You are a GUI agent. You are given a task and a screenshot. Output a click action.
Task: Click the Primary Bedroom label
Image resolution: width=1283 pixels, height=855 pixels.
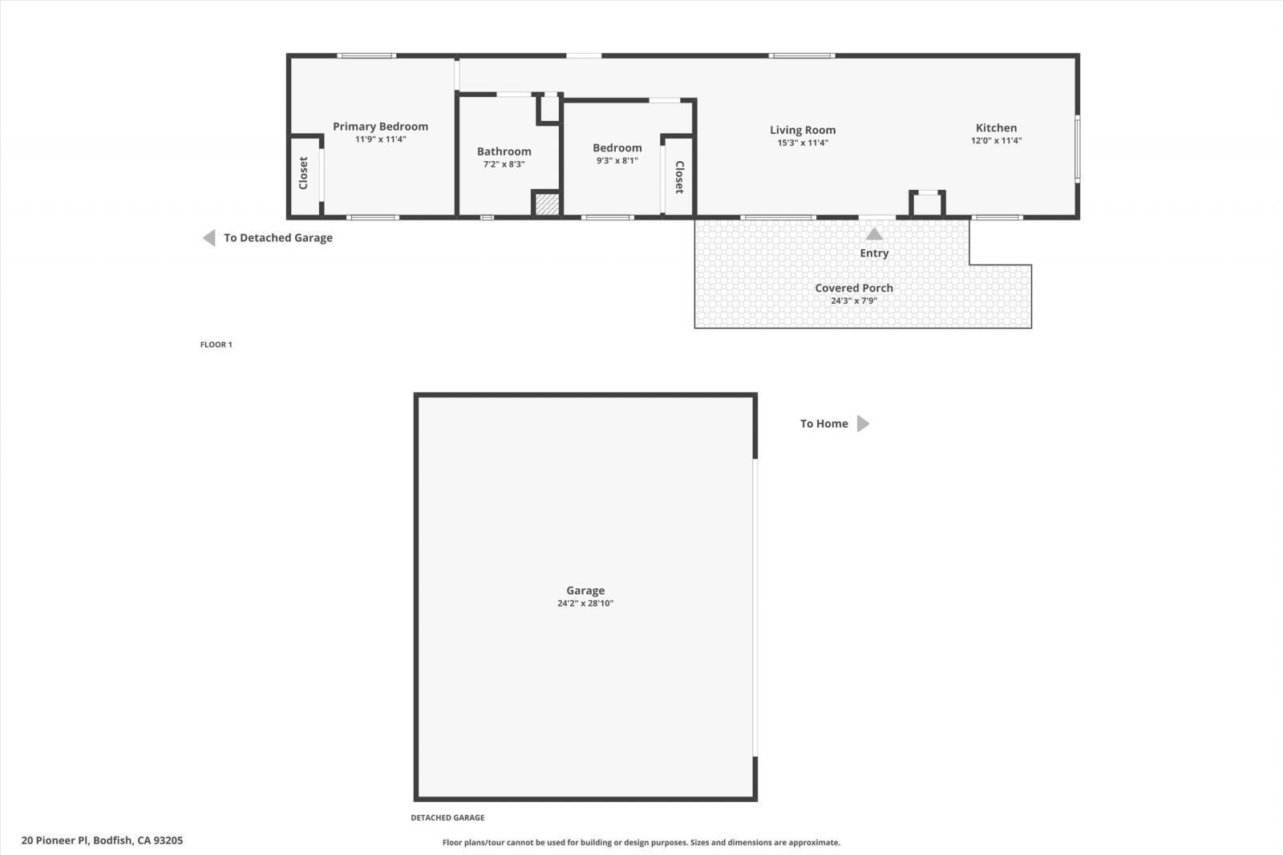380,127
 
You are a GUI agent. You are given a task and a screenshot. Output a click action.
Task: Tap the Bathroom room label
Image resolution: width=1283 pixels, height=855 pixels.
504,151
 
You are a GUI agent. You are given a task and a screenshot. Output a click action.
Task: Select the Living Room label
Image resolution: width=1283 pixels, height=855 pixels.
803,130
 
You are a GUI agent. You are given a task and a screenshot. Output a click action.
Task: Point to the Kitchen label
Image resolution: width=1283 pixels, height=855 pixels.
996,127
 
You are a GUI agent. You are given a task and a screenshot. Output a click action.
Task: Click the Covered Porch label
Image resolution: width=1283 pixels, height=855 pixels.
854,288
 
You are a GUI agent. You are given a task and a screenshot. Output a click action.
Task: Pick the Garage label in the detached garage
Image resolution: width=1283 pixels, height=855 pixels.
585,591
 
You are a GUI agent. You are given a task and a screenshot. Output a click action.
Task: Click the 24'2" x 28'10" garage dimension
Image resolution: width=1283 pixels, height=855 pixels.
585,603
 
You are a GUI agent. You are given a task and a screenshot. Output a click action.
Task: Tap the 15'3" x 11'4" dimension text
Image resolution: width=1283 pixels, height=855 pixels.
803,143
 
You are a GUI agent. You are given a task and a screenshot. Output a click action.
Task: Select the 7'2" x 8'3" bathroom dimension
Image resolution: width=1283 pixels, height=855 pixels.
504,164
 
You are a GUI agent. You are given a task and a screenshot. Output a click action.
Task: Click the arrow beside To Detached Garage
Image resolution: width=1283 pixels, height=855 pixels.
209,238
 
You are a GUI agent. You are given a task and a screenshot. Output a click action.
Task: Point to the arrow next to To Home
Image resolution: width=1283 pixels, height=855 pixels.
863,424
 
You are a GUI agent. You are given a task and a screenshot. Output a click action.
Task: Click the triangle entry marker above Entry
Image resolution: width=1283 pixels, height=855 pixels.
874,234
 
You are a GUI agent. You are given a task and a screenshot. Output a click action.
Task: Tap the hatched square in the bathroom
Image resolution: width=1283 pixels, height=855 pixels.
547,204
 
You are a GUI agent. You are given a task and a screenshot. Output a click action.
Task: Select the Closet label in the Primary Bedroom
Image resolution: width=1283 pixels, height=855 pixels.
303,173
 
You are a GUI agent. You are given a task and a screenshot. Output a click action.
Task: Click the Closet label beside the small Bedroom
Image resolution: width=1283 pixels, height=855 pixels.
679,177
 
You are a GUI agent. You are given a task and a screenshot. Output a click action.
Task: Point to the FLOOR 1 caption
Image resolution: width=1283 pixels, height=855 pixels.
216,345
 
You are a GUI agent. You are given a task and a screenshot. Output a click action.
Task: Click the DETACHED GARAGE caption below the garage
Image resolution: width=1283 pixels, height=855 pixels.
447,818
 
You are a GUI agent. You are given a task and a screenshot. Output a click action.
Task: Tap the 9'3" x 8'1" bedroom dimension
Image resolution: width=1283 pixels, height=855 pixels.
617,160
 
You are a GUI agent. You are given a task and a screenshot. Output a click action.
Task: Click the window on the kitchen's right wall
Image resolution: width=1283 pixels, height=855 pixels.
1077,149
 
